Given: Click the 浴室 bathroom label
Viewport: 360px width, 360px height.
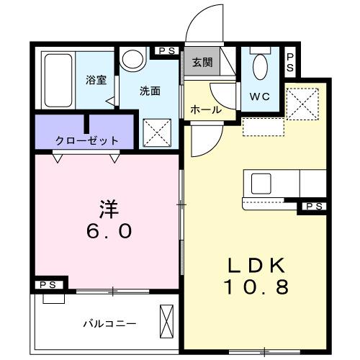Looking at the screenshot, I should click(96, 80).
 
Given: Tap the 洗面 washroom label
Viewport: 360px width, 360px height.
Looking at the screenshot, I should click(150, 91).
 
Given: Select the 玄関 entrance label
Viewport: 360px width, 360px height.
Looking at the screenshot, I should click(202, 63).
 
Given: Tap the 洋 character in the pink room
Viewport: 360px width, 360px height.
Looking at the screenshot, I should click(108, 209).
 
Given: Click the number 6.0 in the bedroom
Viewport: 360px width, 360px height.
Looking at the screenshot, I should click(108, 232).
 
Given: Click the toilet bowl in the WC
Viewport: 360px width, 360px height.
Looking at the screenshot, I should click(261, 68).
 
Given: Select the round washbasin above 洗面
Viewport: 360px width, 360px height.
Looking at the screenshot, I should click(133, 60).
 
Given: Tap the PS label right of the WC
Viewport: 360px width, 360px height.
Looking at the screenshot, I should click(289, 63).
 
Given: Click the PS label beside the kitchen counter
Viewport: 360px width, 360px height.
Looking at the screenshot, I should click(314, 207).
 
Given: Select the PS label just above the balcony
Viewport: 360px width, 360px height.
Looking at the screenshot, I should click(48, 285).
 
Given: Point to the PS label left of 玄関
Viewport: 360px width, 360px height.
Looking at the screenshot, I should click(167, 51).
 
